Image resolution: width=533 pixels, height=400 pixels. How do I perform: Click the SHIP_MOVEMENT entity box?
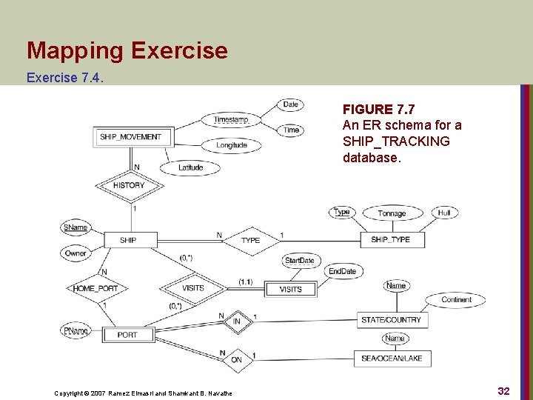(130, 136)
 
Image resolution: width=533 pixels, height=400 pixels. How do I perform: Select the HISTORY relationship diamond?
(130, 185)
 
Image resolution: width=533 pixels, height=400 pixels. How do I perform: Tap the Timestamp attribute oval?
(230, 120)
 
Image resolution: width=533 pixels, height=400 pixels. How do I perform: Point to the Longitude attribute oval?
(232, 145)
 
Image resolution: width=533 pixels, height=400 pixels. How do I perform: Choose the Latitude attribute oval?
(190, 167)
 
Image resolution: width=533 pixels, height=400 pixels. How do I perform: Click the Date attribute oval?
(290, 104)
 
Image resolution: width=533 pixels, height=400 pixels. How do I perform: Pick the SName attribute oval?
(76, 227)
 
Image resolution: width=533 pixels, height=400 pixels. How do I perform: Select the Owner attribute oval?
(76, 253)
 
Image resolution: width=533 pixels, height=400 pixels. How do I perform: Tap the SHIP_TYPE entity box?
(390, 240)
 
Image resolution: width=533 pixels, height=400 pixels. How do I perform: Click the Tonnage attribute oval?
(392, 213)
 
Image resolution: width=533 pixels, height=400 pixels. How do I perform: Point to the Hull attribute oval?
(444, 213)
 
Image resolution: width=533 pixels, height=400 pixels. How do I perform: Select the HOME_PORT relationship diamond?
(95, 288)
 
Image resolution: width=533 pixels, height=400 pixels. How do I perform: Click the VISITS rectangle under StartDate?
(290, 289)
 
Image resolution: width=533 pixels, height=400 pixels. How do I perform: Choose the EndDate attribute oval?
(342, 272)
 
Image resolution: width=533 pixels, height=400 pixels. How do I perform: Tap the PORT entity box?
(127, 335)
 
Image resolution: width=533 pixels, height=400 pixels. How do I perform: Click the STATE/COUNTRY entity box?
(392, 320)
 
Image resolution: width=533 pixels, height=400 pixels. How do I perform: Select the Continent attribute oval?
(456, 300)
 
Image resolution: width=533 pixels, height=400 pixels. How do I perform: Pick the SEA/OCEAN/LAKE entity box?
(392, 359)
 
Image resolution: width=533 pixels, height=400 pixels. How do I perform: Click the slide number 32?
(503, 390)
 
